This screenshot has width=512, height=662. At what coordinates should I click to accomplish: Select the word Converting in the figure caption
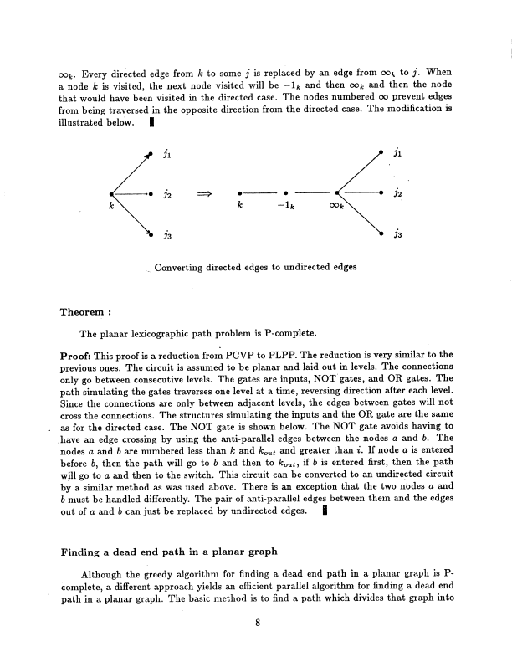180,267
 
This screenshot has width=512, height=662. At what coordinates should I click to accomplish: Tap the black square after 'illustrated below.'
150,121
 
